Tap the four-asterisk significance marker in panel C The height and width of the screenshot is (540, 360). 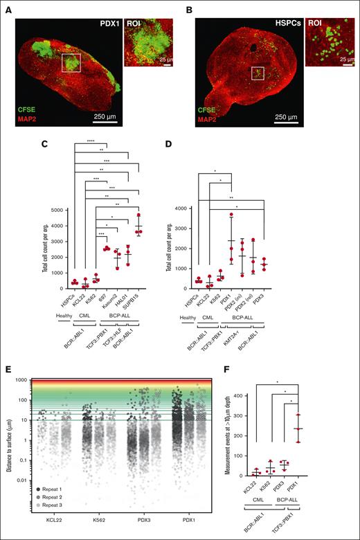coord(87,143)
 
